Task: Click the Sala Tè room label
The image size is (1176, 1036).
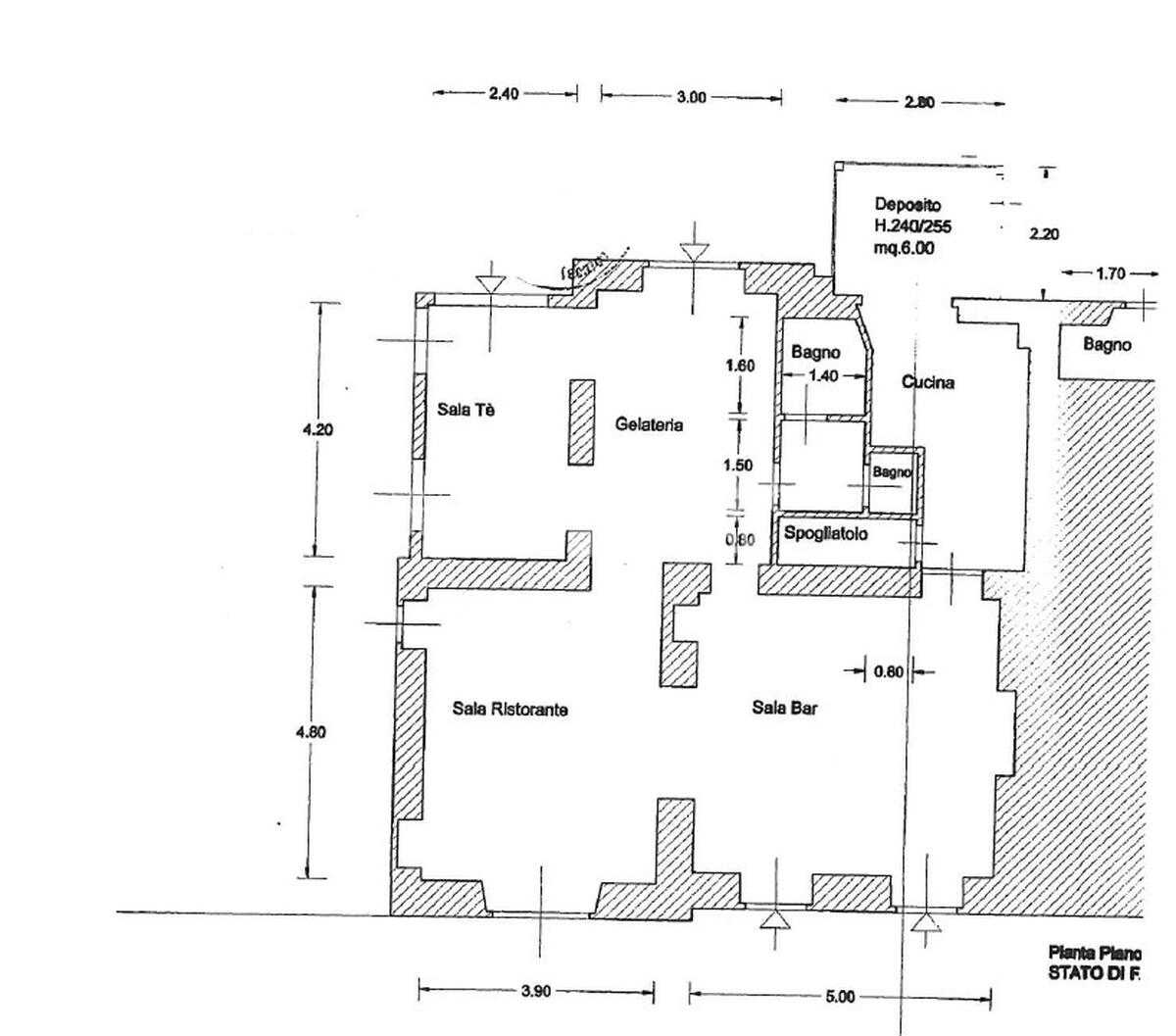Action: click(465, 410)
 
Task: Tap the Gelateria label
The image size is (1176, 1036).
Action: click(649, 424)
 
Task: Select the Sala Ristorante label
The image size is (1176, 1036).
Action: click(511, 709)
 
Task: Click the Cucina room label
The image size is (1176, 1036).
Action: click(927, 382)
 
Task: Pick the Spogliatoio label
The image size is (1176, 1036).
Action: click(826, 534)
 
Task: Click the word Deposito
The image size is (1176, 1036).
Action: click(907, 205)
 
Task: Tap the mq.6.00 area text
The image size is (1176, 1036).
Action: click(904, 248)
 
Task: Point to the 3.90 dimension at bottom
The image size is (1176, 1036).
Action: click(536, 991)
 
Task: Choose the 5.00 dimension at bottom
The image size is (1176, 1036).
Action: click(840, 996)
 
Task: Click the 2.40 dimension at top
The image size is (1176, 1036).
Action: click(504, 94)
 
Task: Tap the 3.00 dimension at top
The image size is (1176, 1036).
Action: click(691, 97)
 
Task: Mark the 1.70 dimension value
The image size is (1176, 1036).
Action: click(1109, 274)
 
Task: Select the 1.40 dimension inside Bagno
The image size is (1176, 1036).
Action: click(824, 375)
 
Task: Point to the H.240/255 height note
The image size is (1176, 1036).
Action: click(912, 226)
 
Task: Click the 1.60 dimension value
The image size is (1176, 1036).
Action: click(740, 366)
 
